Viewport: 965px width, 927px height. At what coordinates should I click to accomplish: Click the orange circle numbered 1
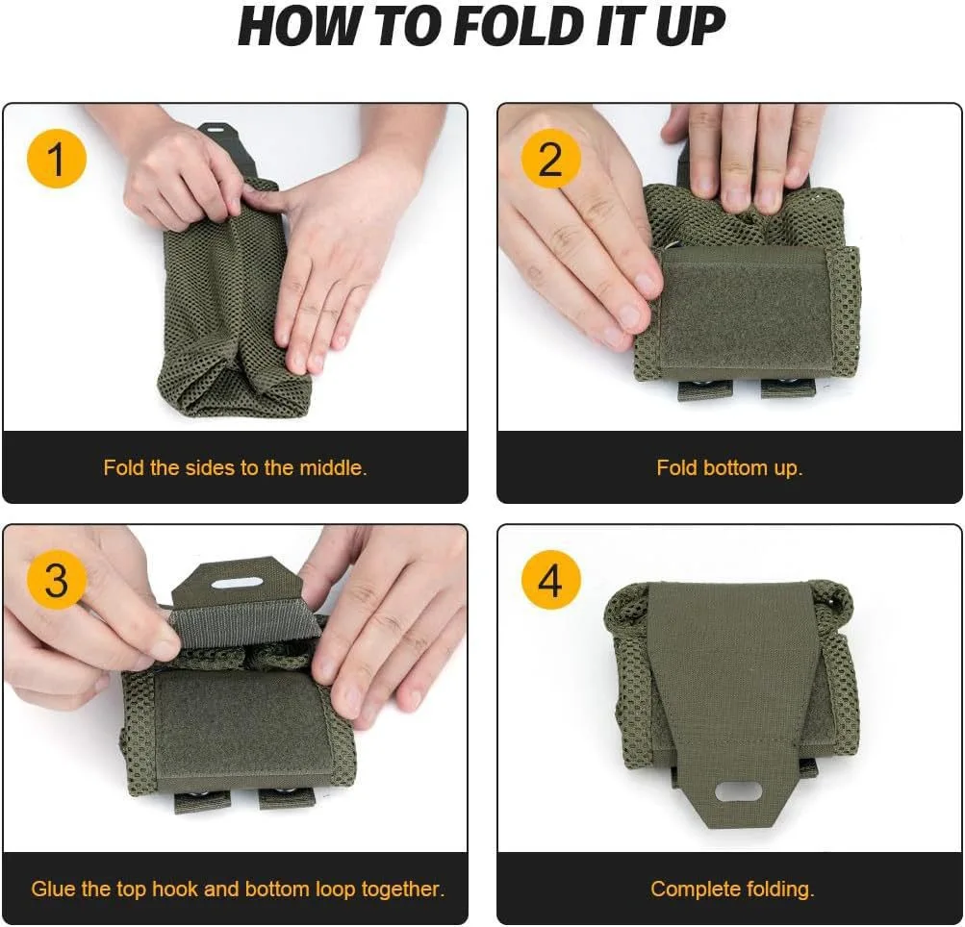pos(57,159)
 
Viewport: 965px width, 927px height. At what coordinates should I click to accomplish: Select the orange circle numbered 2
pos(550,159)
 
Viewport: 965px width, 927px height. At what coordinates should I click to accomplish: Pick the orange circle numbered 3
pos(57,581)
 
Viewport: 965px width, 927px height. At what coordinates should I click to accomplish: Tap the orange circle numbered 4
pos(550,581)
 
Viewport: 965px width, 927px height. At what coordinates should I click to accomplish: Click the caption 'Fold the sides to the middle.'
pos(236,468)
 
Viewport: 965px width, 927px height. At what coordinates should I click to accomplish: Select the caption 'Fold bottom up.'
pos(729,468)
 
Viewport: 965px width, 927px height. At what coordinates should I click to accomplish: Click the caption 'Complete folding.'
pos(732,889)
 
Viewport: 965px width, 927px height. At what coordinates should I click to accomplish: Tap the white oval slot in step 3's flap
pos(237,584)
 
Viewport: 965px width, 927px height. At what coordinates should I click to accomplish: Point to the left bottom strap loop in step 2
pos(698,388)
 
